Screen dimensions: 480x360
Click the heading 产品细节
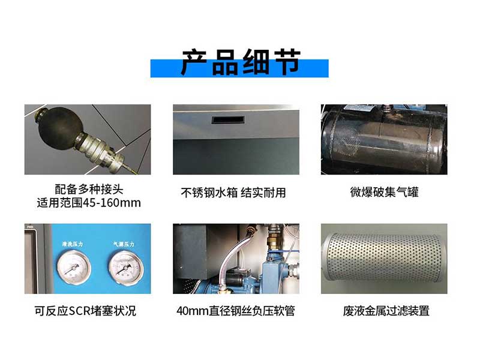point(241,62)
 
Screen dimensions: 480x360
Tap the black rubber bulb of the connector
point(59,127)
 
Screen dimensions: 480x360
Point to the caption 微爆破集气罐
point(384,193)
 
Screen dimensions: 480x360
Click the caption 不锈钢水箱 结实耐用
point(233,193)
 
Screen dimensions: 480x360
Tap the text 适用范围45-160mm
point(89,203)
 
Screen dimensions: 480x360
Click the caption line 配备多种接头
point(89,189)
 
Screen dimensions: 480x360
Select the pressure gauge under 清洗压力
point(73,267)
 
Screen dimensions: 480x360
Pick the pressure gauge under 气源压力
point(126,267)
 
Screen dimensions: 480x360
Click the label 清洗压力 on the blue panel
point(73,244)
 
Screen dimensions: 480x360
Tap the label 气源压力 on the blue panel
point(124,244)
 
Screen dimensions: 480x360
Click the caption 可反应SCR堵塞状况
point(85,311)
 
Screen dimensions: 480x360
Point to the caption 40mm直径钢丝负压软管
point(236,311)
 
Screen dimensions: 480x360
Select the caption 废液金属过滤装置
point(386,311)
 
